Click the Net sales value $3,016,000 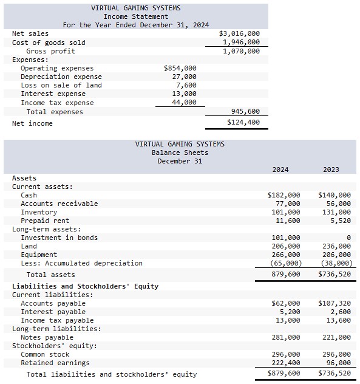(239, 33)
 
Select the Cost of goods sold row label (49, 43)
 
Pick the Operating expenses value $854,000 (180, 68)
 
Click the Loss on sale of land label (61, 85)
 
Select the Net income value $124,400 (243, 123)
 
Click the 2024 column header (280, 170)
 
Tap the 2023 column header (331, 170)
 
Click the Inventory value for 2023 (336, 212)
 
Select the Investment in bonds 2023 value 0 (348, 238)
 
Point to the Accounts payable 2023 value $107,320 (334, 303)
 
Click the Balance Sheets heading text (180, 153)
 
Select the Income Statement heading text (135, 16)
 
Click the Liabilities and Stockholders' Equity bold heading (85, 286)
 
